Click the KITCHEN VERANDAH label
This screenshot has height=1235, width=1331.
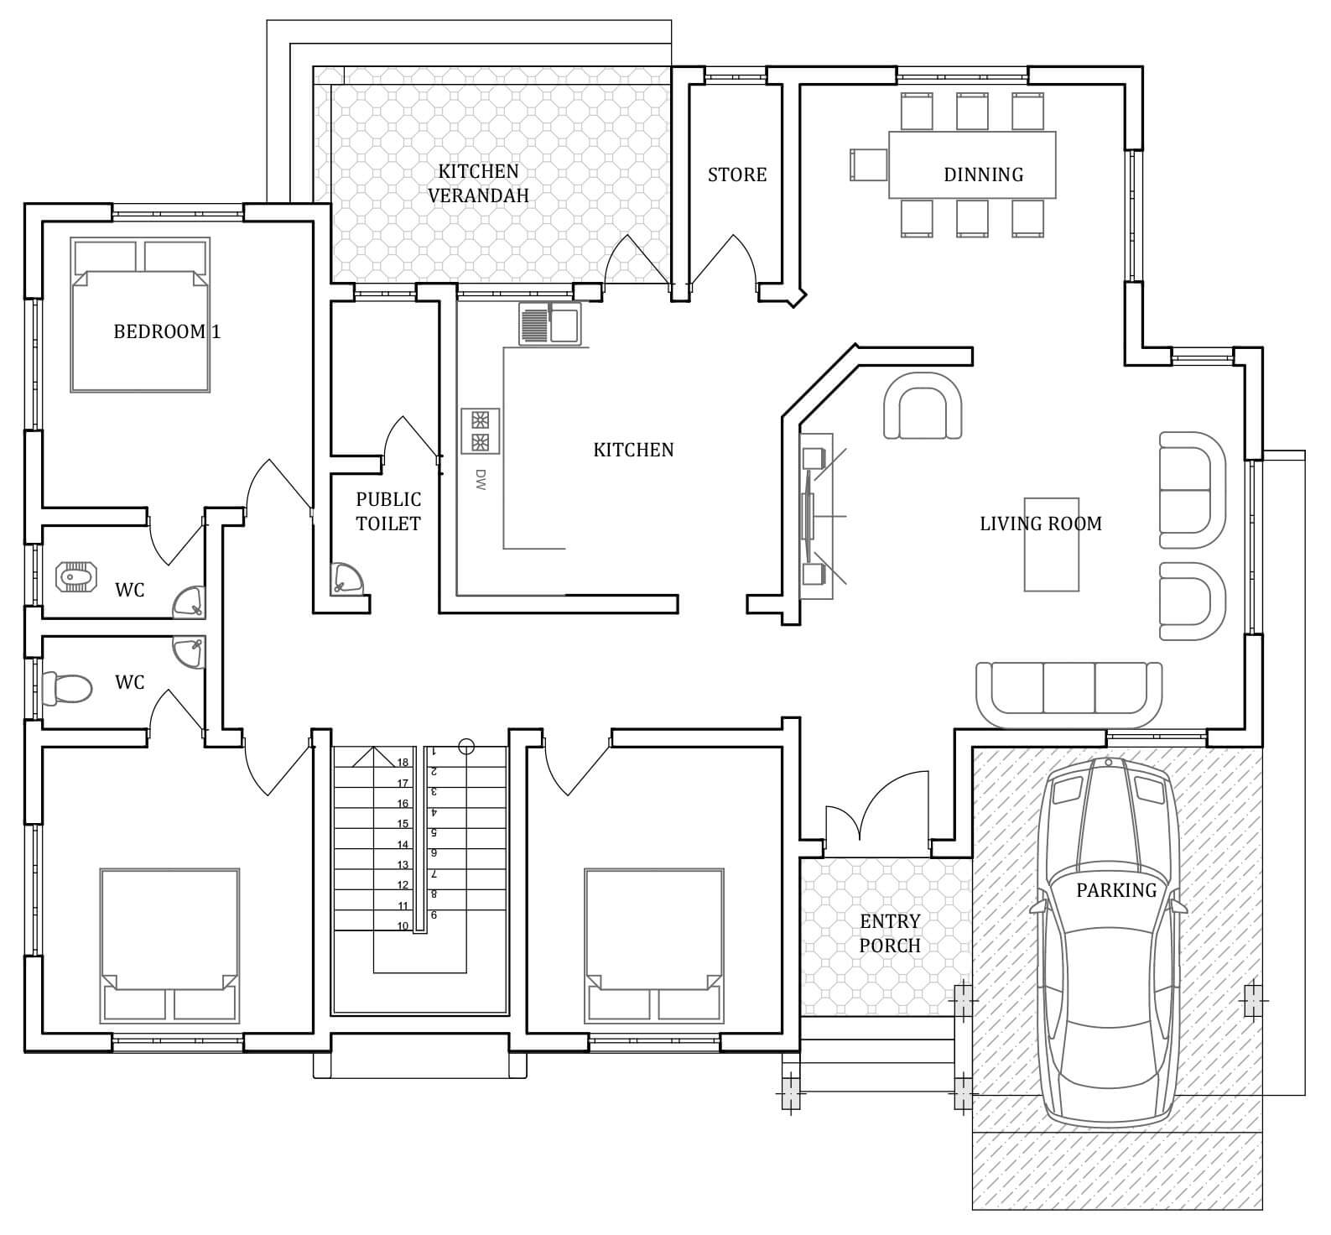coord(478,183)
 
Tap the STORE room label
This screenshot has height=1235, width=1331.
coord(737,175)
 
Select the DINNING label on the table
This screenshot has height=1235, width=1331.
coord(983,175)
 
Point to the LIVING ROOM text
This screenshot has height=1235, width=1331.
coord(1041,524)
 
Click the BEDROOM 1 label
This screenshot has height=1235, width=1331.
coord(167,331)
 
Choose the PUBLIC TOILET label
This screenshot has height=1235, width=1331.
coord(388,511)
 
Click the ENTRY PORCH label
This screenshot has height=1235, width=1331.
coord(890,933)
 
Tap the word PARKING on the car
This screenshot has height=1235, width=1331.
coord(1116,890)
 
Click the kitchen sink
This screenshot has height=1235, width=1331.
coord(549,324)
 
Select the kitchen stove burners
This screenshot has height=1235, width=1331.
coord(481,431)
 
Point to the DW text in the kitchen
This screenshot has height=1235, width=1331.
coord(481,479)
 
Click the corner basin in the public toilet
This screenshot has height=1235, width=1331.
coord(347,578)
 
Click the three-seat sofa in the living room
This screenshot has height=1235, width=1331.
coord(1069,695)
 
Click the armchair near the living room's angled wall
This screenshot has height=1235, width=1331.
coord(923,406)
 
